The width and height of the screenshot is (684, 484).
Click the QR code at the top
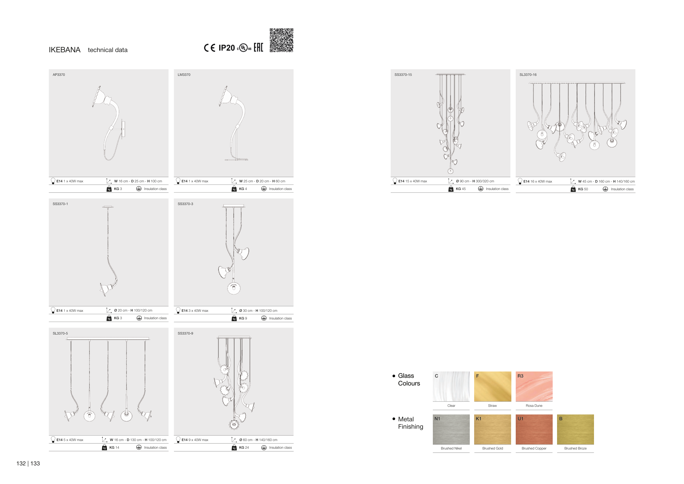tap(281, 40)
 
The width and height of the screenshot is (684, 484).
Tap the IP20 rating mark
tap(227, 48)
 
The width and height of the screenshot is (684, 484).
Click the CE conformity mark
tap(209, 48)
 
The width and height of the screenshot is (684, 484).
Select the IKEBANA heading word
tap(65, 50)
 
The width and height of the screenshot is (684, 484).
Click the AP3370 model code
tap(59, 74)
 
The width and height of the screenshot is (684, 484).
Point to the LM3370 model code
tap(184, 74)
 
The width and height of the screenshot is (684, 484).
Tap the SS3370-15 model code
tap(403, 74)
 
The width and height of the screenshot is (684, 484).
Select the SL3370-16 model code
tap(528, 74)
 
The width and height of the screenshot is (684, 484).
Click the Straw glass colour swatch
tap(492, 386)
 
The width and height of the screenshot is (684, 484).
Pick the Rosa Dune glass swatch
tap(534, 386)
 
